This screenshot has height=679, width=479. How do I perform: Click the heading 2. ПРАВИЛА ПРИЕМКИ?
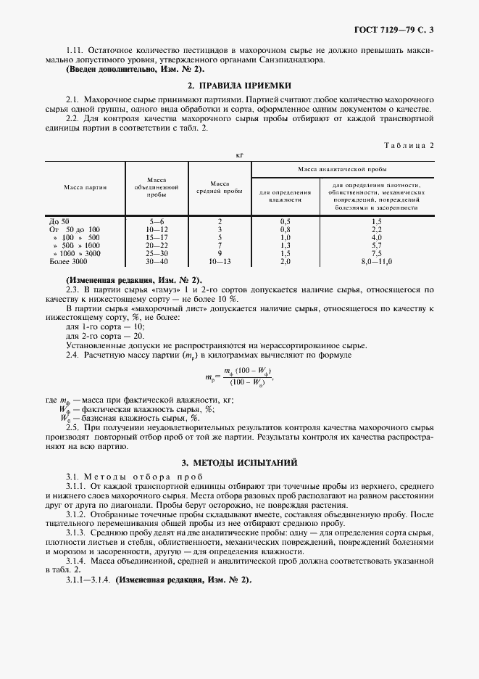(x=238, y=84)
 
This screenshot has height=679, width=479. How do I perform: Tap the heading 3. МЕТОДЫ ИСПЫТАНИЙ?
(x=239, y=462)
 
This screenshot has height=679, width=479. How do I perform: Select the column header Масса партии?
(x=85, y=186)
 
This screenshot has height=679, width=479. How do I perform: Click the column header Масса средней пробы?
(x=219, y=187)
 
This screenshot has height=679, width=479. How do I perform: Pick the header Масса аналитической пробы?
(x=342, y=168)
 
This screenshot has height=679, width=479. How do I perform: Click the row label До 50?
(x=59, y=221)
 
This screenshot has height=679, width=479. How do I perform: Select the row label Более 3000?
(x=64, y=260)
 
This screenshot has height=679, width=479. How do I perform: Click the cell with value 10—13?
(x=219, y=260)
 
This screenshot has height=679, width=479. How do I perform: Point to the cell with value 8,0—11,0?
(x=376, y=260)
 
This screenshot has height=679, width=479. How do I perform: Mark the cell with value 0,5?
(x=285, y=221)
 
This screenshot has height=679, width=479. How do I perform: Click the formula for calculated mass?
(x=240, y=377)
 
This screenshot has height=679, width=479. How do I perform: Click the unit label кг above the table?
(x=239, y=155)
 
